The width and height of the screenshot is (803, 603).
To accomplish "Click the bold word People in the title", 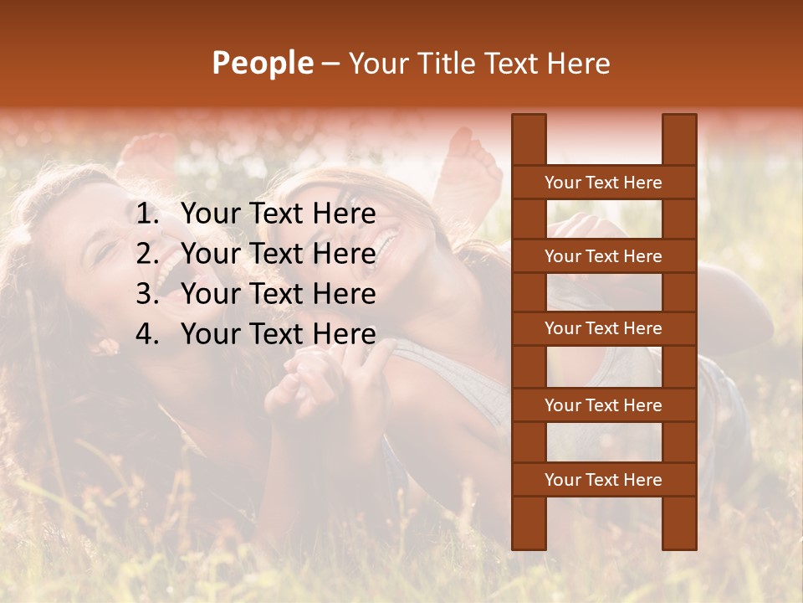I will (x=262, y=63).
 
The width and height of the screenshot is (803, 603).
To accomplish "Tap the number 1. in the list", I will (x=147, y=214).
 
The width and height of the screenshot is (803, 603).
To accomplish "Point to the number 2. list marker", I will (x=147, y=254).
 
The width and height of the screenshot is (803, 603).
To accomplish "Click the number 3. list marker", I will (x=147, y=294).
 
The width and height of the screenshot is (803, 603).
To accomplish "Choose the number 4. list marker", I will (x=147, y=334).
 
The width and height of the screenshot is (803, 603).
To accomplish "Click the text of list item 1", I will (x=279, y=214).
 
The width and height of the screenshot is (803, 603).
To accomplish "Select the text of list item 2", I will (x=279, y=254).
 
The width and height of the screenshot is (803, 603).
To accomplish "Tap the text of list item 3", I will (x=279, y=294).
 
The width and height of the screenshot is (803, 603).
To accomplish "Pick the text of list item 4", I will (x=279, y=334).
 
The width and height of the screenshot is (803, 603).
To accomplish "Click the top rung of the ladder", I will (x=603, y=183).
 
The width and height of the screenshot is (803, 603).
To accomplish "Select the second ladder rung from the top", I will (x=603, y=256).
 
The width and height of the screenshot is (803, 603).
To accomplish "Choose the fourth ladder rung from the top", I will (x=603, y=405).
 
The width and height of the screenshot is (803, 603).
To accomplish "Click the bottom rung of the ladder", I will (x=603, y=480).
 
